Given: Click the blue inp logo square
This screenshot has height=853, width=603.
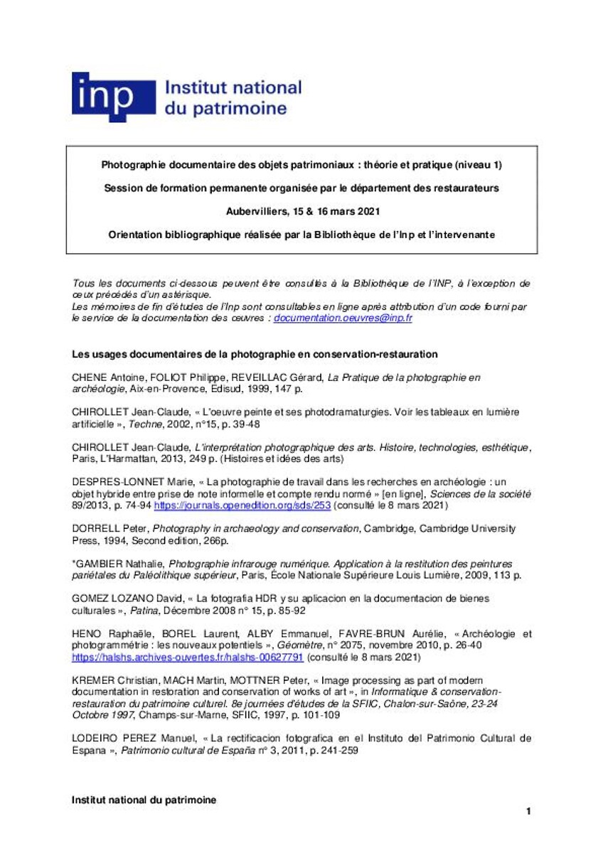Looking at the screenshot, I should pyautogui.click(x=113, y=97).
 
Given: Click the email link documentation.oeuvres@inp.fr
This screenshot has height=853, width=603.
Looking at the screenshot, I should pyautogui.click(x=343, y=318).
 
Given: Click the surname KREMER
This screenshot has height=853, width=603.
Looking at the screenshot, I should pyautogui.click(x=92, y=680).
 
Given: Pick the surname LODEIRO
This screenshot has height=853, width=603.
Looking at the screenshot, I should pyautogui.click(x=96, y=738).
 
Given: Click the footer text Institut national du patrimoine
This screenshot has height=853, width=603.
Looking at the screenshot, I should pyautogui.click(x=144, y=800).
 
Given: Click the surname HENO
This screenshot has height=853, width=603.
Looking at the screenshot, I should pyautogui.click(x=87, y=633).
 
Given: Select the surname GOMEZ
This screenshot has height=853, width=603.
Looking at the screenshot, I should pyautogui.click(x=90, y=599).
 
